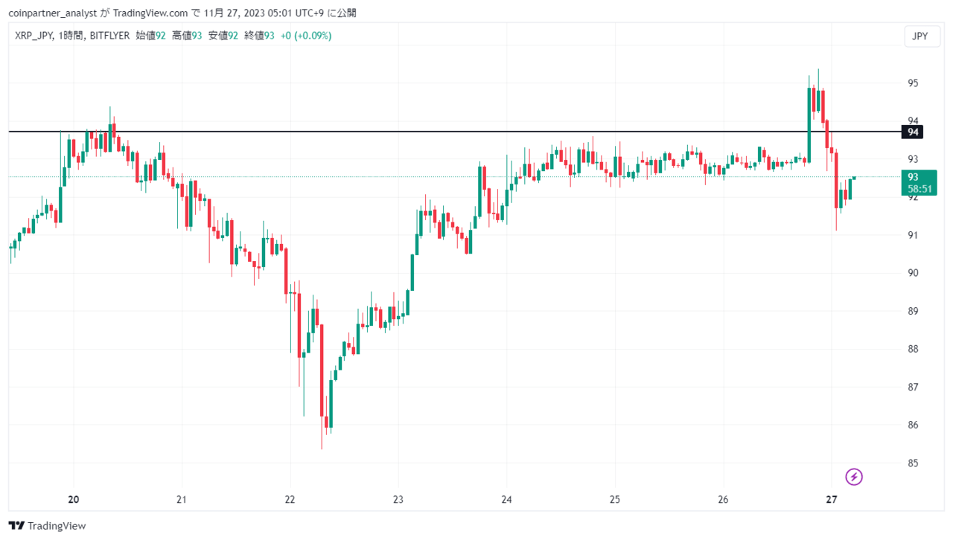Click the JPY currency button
click(922, 36)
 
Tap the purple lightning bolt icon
click(853, 477)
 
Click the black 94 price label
click(912, 132)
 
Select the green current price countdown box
click(919, 183)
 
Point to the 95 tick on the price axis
click(913, 83)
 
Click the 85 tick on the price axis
click(913, 463)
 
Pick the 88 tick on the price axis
click(913, 349)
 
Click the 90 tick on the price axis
click(913, 273)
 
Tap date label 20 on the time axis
click(74, 500)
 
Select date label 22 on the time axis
click(290, 500)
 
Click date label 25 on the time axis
click(615, 500)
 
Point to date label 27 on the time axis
click(832, 500)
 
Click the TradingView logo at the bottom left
click(47, 526)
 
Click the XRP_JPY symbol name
click(34, 36)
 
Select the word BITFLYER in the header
click(109, 36)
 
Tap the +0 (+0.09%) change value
click(306, 36)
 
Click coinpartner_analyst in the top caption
click(53, 13)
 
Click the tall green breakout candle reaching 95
click(809, 125)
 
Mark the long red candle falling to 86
click(322, 370)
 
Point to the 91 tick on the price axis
click(913, 235)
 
